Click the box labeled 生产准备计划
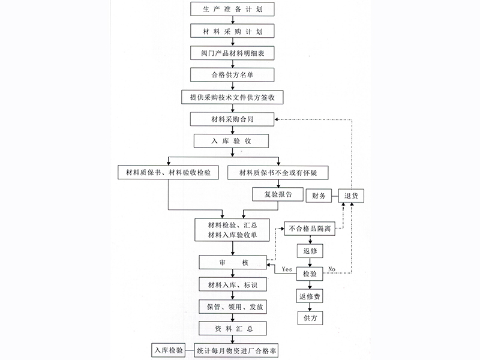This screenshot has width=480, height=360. pyautogui.click(x=233, y=9)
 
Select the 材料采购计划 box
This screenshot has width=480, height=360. pyautogui.click(x=233, y=31)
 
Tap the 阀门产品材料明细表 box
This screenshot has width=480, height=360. pyautogui.click(x=233, y=53)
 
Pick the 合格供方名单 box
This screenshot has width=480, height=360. pyautogui.click(x=233, y=75)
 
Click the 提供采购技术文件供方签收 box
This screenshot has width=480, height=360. pyautogui.click(x=233, y=97)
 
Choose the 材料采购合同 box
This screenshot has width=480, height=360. pyautogui.click(x=233, y=119)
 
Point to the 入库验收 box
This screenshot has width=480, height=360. pyautogui.click(x=231, y=141)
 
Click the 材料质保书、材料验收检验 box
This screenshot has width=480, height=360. pyautogui.click(x=168, y=173)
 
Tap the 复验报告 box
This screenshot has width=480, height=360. pyautogui.click(x=275, y=194)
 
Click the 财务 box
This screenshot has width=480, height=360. pyautogui.click(x=320, y=196)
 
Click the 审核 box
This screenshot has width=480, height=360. pyautogui.click(x=233, y=262)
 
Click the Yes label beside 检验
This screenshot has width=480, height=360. pyautogui.click(x=287, y=269)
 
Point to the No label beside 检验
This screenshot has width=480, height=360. pyautogui.click(x=331, y=269)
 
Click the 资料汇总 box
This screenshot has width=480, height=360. pyautogui.click(x=233, y=328)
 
